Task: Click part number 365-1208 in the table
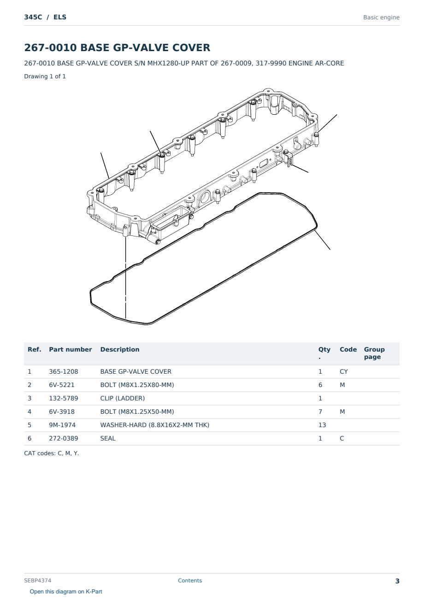(64, 371)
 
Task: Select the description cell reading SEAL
(108, 438)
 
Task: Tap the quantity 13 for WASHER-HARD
(322, 425)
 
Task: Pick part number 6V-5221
(62, 385)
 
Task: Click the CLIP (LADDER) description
(123, 398)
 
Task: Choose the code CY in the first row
(344, 371)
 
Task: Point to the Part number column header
(71, 350)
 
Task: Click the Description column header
(120, 350)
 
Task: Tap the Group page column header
(374, 353)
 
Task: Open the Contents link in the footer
(190, 580)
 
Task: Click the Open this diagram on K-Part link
(66, 592)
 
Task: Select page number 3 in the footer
(397, 581)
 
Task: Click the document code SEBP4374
(38, 581)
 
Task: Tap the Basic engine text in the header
(381, 18)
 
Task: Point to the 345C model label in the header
(33, 17)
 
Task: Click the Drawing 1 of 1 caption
(45, 76)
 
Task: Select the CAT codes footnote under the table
(52, 453)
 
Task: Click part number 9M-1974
(62, 425)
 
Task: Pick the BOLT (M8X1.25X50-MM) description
(137, 411)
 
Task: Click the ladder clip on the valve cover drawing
(289, 159)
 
